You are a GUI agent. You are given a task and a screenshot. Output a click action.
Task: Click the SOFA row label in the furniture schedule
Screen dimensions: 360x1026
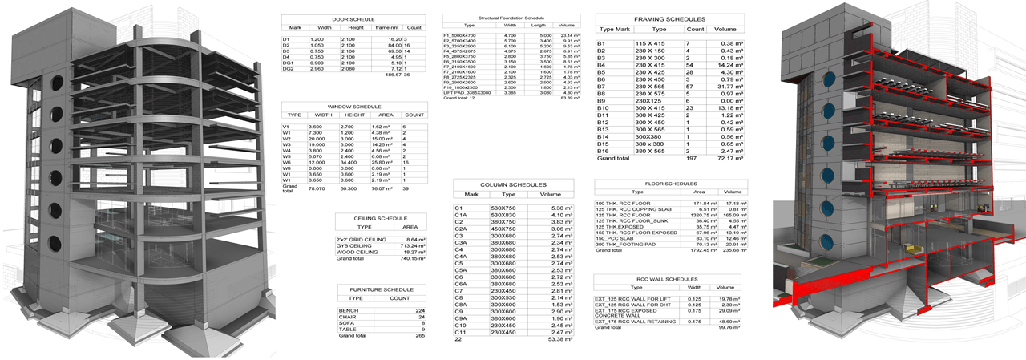point(346,322)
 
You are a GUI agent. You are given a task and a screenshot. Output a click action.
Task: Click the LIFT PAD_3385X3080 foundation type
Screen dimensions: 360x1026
point(466,93)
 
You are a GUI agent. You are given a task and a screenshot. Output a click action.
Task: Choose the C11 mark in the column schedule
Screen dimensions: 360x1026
point(462,331)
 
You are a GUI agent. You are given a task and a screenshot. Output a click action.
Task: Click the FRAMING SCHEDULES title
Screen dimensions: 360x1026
point(670,18)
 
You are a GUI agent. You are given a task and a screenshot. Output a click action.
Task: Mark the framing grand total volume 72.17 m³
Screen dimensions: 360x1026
point(728,159)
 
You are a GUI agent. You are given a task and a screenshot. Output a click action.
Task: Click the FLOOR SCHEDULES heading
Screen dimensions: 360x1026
point(670,184)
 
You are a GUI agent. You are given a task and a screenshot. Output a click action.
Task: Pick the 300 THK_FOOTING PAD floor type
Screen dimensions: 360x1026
point(626,244)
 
